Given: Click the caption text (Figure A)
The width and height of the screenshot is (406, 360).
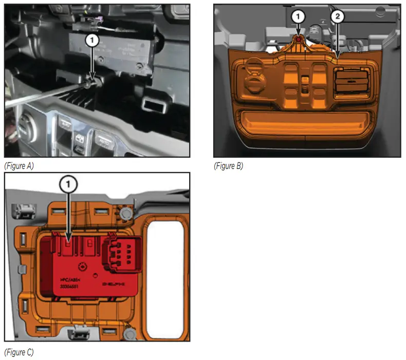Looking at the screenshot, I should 19,165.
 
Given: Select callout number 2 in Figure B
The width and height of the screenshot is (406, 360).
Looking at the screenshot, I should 337,16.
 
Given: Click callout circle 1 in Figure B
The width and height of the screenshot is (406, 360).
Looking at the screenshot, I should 297,16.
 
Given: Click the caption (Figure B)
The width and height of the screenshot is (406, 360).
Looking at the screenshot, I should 228,166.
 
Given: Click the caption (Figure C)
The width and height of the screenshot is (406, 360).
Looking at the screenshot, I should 19,352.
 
